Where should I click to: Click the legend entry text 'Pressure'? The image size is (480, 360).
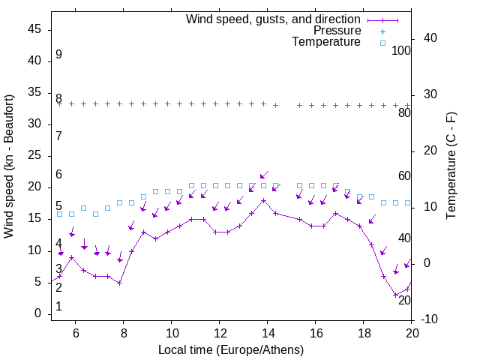click(x=337, y=31)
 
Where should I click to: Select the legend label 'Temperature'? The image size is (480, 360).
click(x=326, y=42)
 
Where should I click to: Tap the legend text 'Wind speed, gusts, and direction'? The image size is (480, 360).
click(x=274, y=19)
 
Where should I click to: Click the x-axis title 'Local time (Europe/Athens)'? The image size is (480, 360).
click(x=231, y=349)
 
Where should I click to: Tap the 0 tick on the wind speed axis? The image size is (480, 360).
click(x=39, y=314)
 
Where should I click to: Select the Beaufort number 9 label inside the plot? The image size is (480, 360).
click(x=58, y=55)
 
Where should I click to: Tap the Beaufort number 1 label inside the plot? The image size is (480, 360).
click(x=58, y=307)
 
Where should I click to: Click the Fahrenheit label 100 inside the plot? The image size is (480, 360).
click(x=401, y=50)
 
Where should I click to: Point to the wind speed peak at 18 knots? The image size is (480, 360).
click(x=264, y=200)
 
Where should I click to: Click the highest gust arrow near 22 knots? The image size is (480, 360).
click(x=263, y=175)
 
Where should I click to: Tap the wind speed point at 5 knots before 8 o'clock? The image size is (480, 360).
click(x=119, y=283)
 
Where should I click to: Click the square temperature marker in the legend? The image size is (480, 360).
click(x=382, y=43)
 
